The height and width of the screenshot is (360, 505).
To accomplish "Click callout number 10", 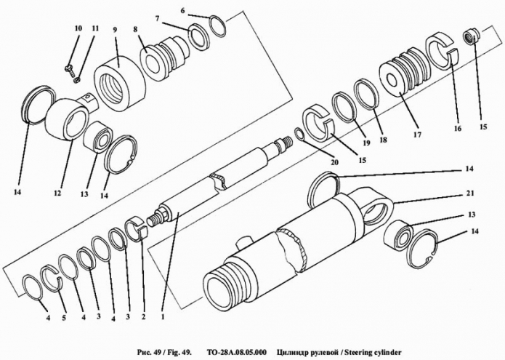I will click(x=78, y=28).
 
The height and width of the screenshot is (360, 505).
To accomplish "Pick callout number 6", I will click(x=183, y=11).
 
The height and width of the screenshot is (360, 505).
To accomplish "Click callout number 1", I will click(x=163, y=316).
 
